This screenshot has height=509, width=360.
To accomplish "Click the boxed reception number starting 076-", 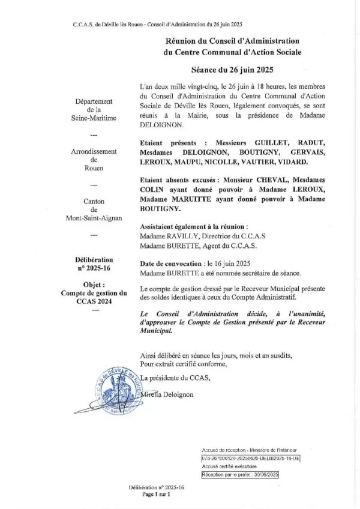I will [x=251, y=457].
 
